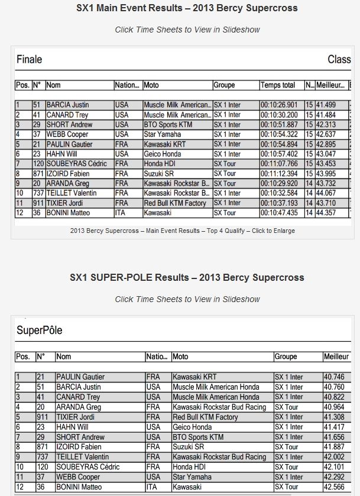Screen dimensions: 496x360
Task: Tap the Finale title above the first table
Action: pyautogui.click(x=29, y=60)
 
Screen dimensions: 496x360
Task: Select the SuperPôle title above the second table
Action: pyautogui.click(x=39, y=330)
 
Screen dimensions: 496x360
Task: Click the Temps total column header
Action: pyautogui.click(x=278, y=85)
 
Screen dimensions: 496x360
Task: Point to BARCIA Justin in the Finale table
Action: pyautogui.click(x=67, y=105)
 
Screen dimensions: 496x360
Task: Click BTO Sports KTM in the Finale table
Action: pyautogui.click(x=171, y=125)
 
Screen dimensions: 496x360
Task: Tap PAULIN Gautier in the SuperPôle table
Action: pyautogui.click(x=80, y=377)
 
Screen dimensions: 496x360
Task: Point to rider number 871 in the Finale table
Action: pyautogui.click(x=38, y=173)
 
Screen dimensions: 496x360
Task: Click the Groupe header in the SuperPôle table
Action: pyautogui.click(x=286, y=357)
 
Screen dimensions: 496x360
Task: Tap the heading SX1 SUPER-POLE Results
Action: pyautogui.click(x=187, y=277)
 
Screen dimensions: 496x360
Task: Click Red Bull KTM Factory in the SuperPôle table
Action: pyautogui.click(x=205, y=417)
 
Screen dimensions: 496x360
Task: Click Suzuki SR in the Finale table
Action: pyautogui.click(x=160, y=173)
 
